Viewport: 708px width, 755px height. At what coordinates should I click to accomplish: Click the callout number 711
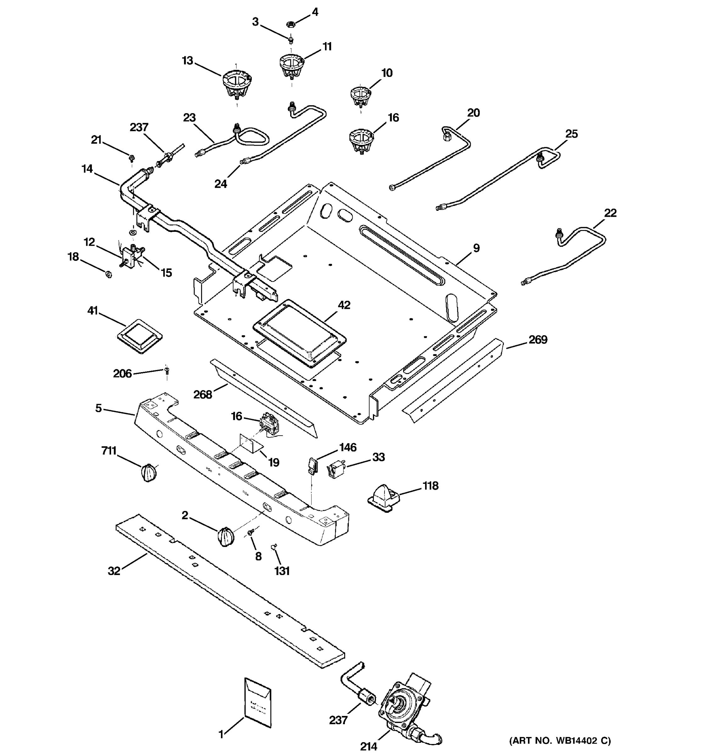tap(109, 451)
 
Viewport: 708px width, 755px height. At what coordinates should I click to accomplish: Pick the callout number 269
tap(538, 339)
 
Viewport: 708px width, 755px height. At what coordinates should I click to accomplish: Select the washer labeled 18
tap(108, 273)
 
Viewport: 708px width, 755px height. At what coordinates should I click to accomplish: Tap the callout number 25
tap(571, 134)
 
